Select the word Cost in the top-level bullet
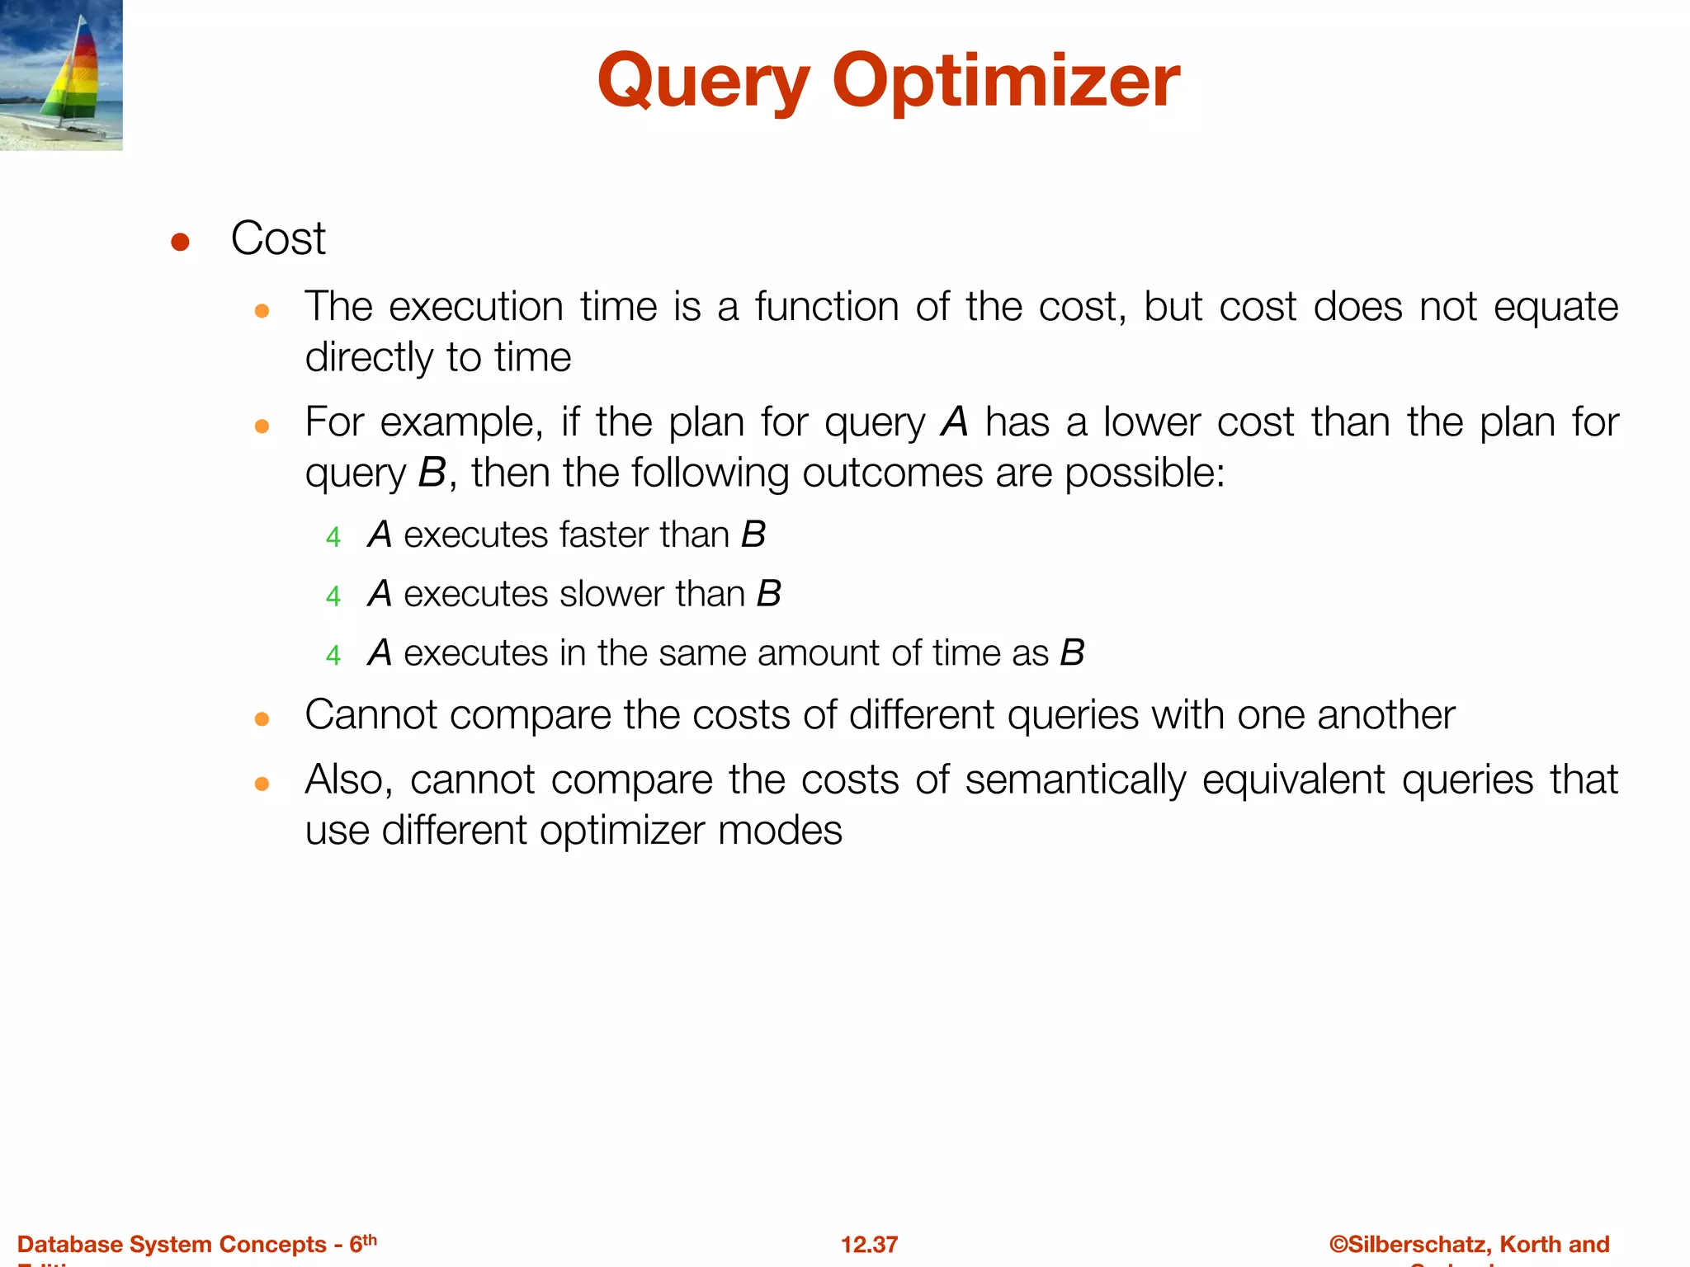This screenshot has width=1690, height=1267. pyautogui.click(x=278, y=238)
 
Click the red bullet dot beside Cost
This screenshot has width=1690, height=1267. pyautogui.click(x=180, y=243)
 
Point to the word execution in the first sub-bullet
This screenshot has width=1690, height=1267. pyautogui.click(x=476, y=307)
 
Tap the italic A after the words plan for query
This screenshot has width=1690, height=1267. pyautogui.click(x=955, y=422)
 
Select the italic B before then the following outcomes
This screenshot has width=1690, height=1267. pyautogui.click(x=432, y=473)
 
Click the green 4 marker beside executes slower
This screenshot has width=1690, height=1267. pyautogui.click(x=333, y=596)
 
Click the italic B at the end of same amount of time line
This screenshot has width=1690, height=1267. pyautogui.click(x=1072, y=653)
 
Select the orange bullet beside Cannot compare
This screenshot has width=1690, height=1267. pyautogui.click(x=262, y=719)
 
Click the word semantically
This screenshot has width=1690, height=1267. pyautogui.click(x=1075, y=780)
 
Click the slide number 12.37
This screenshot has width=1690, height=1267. pyautogui.click(x=869, y=1244)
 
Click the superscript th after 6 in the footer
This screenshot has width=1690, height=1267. pyautogui.click(x=370, y=1239)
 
